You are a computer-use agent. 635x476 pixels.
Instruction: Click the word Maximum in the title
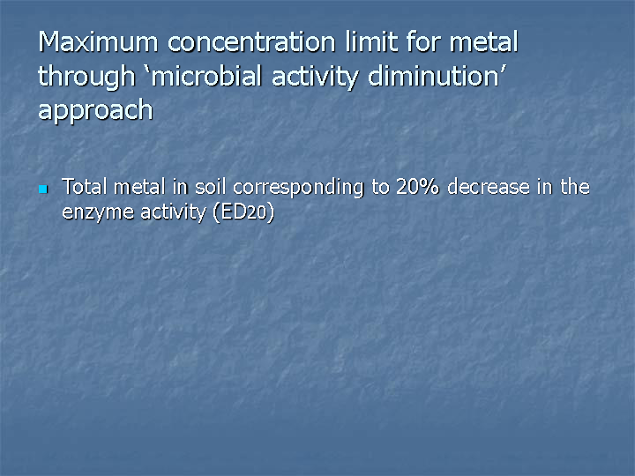(98, 41)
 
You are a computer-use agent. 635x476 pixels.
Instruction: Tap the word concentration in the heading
(251, 41)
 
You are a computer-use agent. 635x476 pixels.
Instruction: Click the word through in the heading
(86, 78)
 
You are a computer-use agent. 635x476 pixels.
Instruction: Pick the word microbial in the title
(206, 76)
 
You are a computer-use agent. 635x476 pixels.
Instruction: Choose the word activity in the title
(315, 78)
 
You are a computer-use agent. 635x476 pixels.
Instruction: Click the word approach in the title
(95, 111)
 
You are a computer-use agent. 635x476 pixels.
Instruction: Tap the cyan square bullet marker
(43, 189)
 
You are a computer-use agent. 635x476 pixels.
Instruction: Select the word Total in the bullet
(85, 187)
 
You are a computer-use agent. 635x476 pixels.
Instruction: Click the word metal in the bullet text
(139, 187)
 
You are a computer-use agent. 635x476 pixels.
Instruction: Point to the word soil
(210, 187)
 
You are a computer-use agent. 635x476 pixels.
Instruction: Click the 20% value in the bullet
(417, 187)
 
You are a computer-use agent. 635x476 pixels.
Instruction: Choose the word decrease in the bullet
(489, 187)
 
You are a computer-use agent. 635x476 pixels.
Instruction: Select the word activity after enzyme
(174, 212)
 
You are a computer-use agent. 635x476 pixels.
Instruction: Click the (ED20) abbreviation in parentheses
(243, 212)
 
